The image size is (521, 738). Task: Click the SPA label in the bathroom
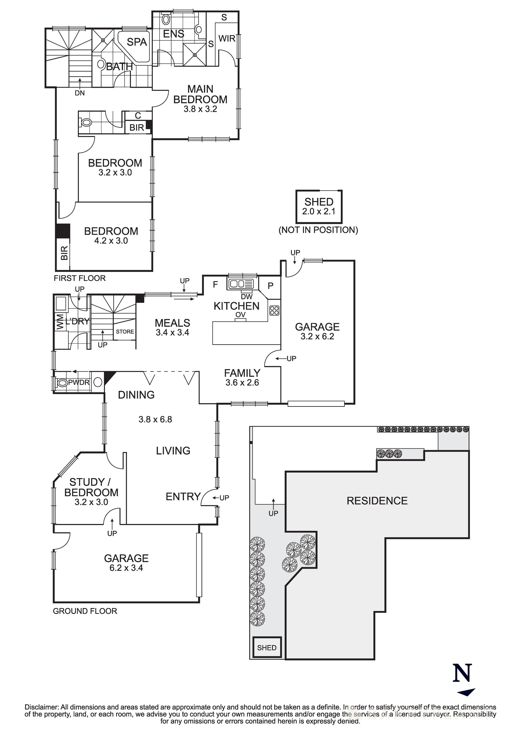137,42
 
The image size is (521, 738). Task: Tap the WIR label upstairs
227,39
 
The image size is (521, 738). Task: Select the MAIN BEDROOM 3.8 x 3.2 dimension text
200,109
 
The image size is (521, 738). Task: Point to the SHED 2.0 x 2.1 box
319,206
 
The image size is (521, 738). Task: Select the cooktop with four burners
274,310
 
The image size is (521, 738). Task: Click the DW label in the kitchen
247,297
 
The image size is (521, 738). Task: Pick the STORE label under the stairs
125,331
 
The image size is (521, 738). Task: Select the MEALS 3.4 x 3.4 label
172,327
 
